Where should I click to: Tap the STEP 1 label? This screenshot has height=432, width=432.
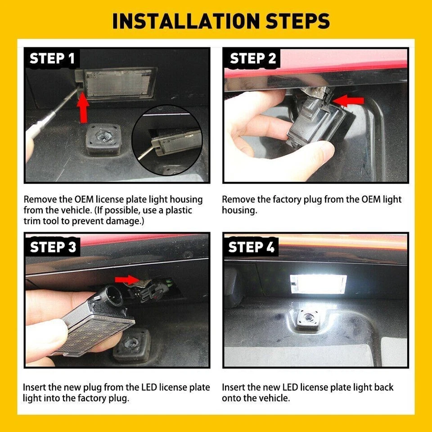(x=52, y=58)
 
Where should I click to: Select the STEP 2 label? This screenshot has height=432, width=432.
(x=253, y=58)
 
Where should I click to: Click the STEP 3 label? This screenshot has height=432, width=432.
(x=53, y=247)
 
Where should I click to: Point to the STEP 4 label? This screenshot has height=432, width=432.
(x=251, y=247)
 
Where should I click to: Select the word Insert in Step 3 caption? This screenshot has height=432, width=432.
(x=34, y=387)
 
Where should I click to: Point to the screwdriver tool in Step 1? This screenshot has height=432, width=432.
(x=45, y=124)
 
